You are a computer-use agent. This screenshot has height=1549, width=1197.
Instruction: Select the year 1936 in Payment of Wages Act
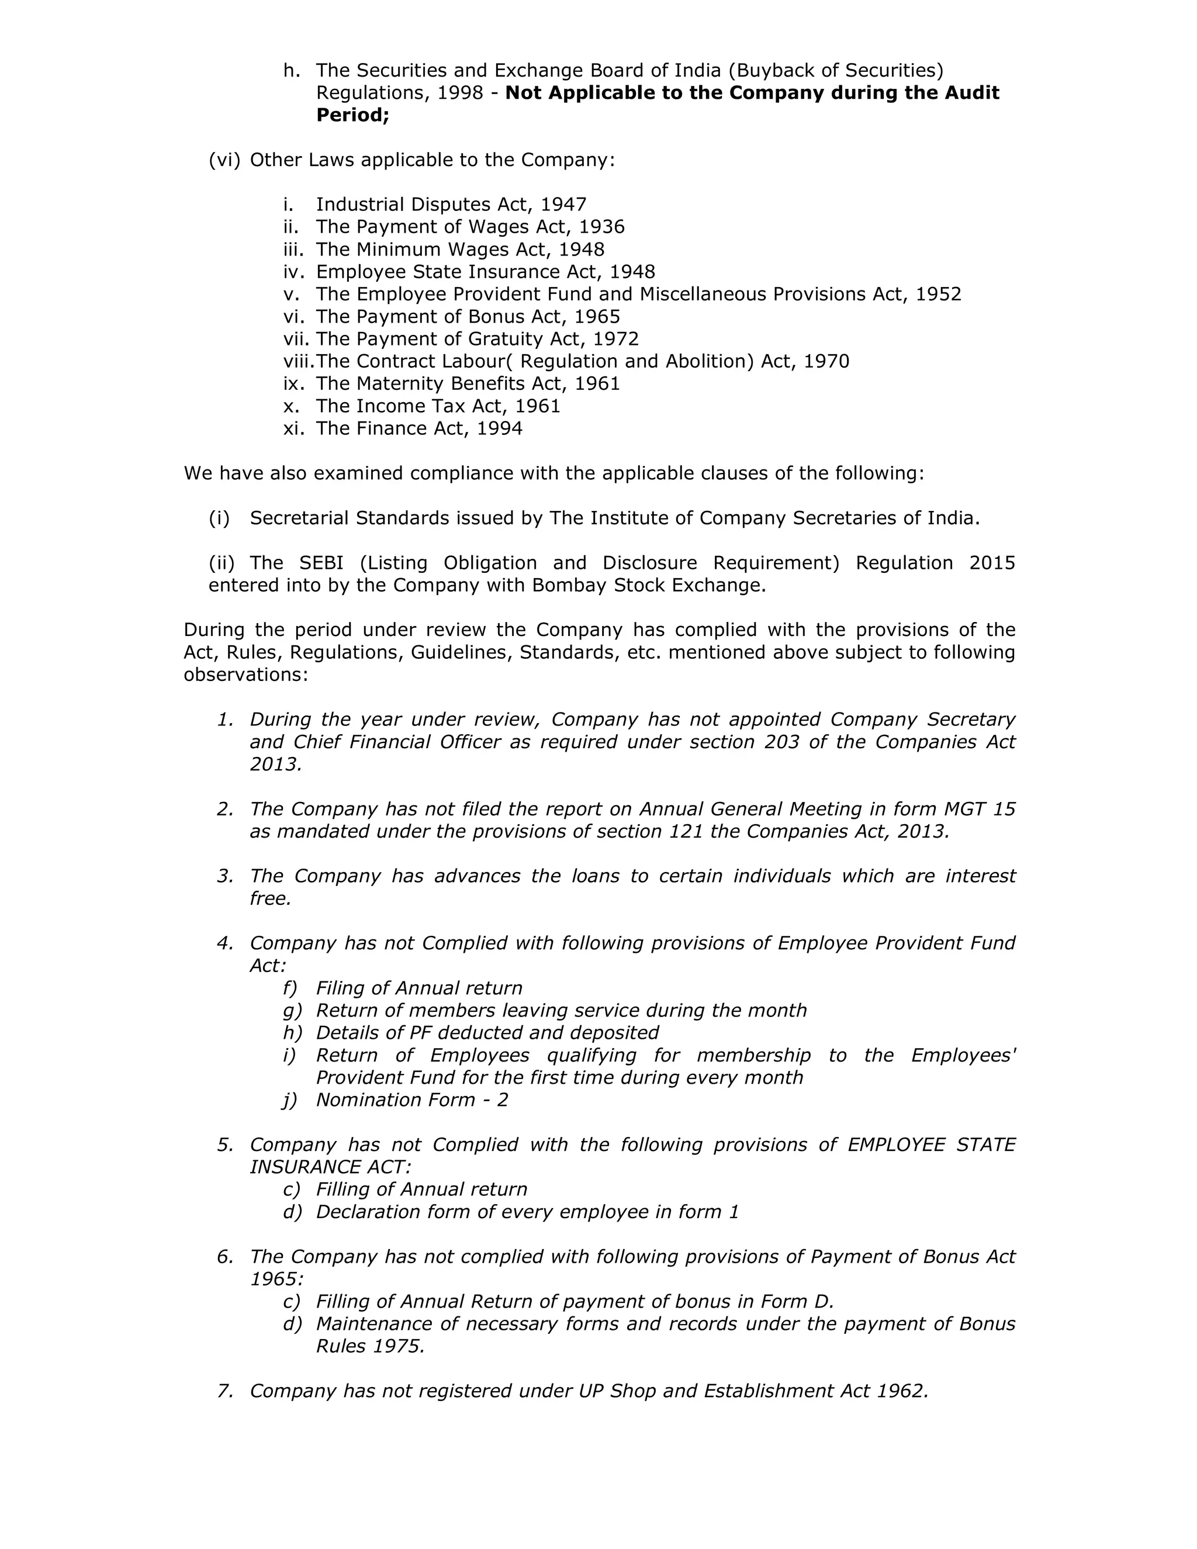[x=601, y=227]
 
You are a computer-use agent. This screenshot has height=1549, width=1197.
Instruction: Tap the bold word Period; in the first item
[x=352, y=115]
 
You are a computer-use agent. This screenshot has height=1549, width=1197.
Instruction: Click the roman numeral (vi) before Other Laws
[x=224, y=160]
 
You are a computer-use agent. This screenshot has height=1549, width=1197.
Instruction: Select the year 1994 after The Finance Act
[x=499, y=428]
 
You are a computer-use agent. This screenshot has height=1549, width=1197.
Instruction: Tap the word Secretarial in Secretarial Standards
[x=299, y=518]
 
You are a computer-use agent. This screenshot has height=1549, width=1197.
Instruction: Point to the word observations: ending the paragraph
[x=246, y=674]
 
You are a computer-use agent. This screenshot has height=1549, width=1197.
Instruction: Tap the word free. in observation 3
[x=270, y=898]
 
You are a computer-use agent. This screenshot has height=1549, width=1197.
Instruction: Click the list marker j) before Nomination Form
[x=290, y=1099]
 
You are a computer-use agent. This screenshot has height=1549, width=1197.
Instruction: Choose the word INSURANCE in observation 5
[x=305, y=1167]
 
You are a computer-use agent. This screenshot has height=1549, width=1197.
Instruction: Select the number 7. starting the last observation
[x=225, y=1390]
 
